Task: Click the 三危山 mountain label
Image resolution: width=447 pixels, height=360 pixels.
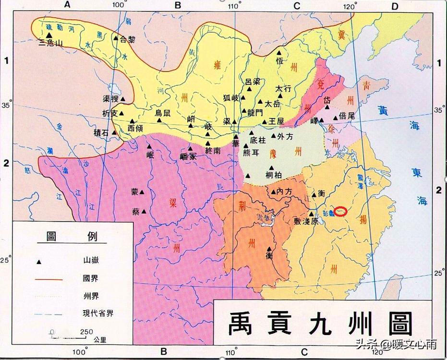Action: tap(50, 43)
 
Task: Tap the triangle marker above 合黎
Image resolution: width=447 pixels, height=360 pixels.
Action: tap(115, 37)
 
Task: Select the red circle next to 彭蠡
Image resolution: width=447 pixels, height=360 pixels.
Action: tap(340, 211)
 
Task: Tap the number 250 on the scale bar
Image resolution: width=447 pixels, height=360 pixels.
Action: tap(86, 332)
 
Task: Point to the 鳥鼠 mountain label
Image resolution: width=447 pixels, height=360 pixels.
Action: tap(162, 113)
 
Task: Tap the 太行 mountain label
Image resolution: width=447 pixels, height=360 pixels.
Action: tap(283, 89)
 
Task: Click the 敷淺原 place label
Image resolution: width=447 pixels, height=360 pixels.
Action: tap(306, 222)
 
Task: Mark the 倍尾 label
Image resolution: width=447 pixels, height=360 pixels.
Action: tap(347, 116)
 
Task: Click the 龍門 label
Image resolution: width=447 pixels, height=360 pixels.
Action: tap(255, 113)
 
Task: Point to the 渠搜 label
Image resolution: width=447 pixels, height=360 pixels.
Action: tap(110, 98)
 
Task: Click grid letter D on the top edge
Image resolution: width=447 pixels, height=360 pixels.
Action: tap(396, 6)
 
